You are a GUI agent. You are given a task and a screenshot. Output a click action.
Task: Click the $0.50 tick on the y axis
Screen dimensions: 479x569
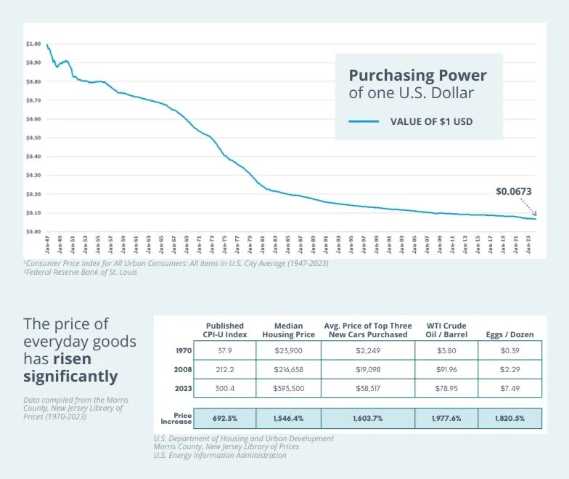click(33, 137)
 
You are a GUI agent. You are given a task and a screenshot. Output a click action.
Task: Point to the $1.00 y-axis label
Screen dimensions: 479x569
click(33, 44)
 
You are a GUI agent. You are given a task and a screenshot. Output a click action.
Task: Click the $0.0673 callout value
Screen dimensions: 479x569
click(514, 192)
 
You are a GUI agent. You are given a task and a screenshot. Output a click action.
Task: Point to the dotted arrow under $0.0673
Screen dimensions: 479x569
click(528, 207)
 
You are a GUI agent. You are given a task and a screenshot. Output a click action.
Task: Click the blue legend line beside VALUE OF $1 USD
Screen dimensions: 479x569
click(364, 121)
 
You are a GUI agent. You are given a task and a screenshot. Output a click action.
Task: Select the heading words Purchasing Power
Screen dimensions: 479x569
click(417, 76)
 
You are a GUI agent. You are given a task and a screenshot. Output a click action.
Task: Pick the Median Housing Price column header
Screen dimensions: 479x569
click(288, 330)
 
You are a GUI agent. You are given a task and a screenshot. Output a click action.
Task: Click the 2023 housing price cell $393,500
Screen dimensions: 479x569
click(288, 389)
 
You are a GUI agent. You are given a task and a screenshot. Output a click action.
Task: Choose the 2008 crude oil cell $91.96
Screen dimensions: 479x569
click(446, 369)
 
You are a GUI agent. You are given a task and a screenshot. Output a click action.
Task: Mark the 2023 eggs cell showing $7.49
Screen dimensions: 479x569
click(509, 389)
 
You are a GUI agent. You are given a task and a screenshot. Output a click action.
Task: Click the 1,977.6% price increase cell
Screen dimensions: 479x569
click(446, 419)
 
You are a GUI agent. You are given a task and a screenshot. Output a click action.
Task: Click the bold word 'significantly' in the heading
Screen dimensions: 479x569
click(70, 376)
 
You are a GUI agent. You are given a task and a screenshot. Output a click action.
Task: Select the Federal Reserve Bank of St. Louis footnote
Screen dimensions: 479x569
click(90, 273)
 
